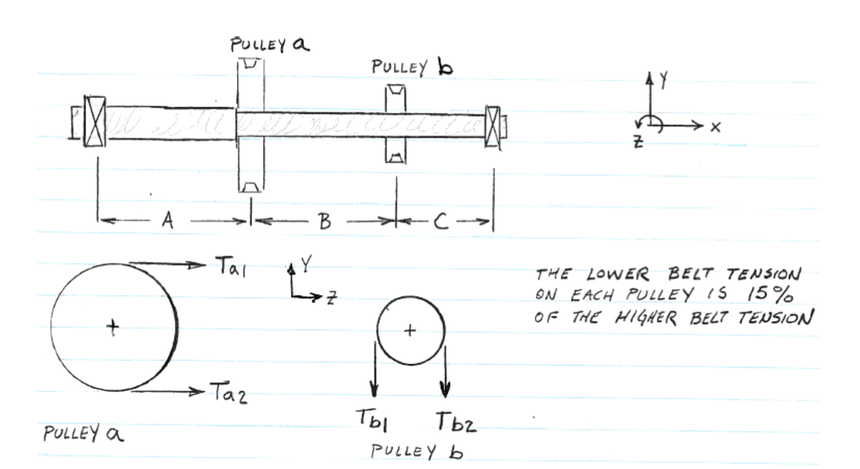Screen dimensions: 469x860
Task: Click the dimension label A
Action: (x=166, y=222)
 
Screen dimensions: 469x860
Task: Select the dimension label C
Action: (x=440, y=222)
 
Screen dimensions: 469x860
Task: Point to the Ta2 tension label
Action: (x=228, y=392)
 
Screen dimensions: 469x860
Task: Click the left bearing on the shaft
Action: (x=94, y=123)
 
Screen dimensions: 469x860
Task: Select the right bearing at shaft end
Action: (x=493, y=127)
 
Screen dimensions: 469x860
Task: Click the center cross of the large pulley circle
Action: (x=114, y=327)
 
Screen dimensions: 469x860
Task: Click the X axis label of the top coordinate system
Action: (x=714, y=127)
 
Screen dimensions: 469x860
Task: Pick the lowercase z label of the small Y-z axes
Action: (x=332, y=298)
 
